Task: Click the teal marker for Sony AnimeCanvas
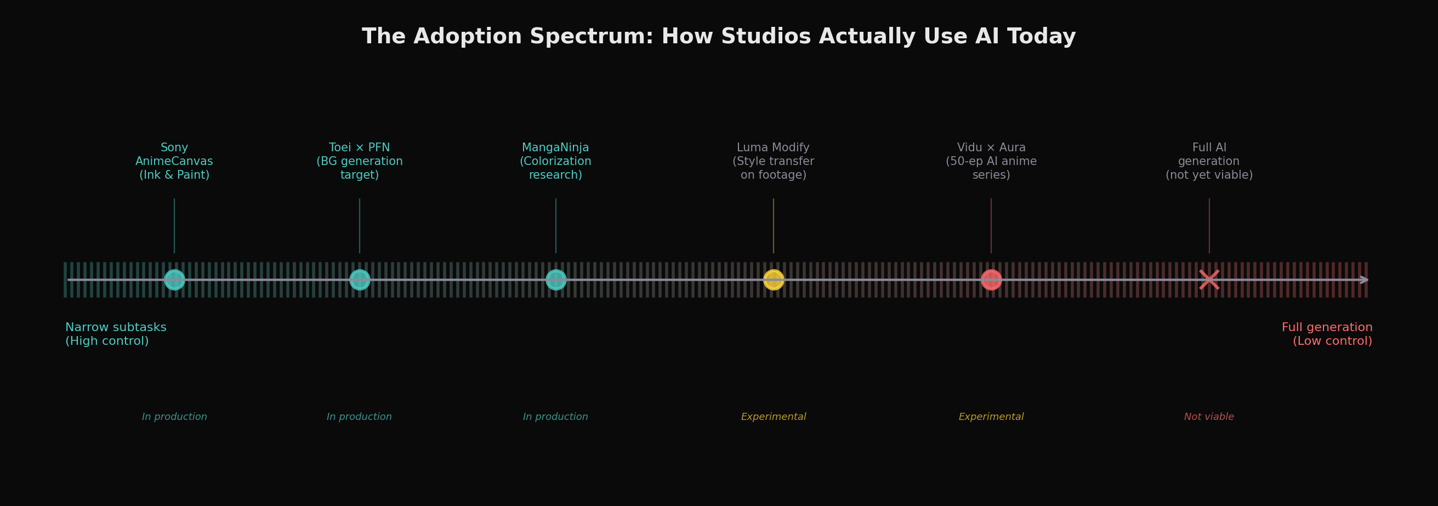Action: click(174, 280)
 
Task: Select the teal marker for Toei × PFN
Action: click(360, 280)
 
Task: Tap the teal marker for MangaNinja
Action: click(555, 280)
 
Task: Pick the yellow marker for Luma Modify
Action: click(773, 280)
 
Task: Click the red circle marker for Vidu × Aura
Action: click(991, 280)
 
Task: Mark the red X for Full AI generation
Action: click(1209, 280)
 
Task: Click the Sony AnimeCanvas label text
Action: click(174, 161)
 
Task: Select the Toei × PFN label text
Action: click(360, 161)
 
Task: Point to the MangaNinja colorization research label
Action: click(555, 161)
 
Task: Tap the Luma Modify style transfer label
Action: click(773, 161)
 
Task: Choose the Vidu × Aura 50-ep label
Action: click(991, 161)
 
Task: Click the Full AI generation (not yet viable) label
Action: click(1209, 161)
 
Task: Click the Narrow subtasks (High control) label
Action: click(116, 334)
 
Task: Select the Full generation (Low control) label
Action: click(1326, 334)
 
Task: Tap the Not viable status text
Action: click(1209, 417)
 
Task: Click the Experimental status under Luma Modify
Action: click(773, 417)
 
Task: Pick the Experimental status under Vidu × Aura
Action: click(991, 417)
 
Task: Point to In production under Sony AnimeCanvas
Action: click(174, 417)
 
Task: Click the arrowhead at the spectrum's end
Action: click(1364, 280)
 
